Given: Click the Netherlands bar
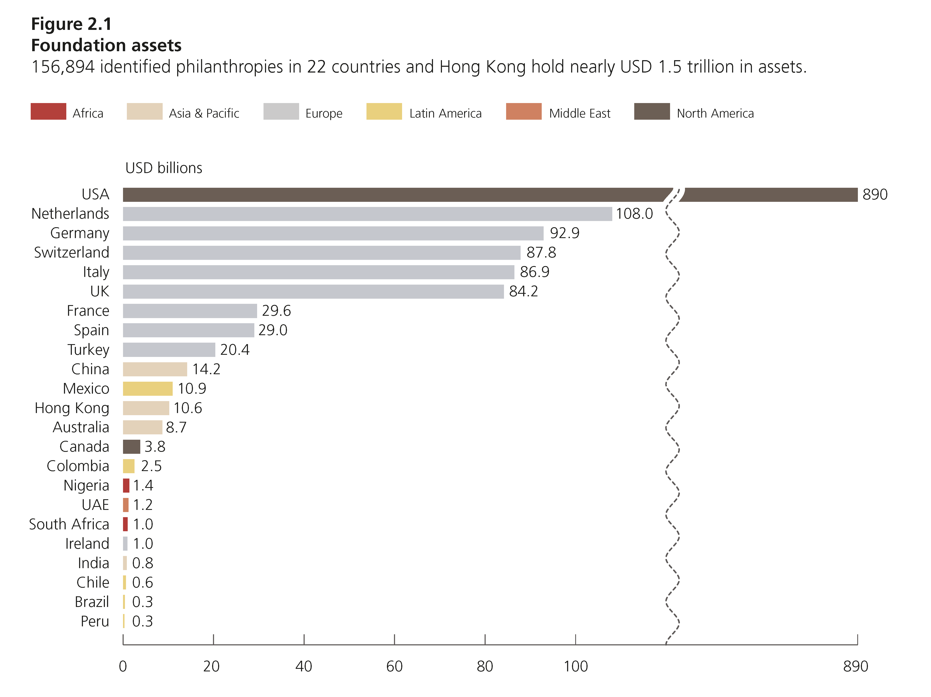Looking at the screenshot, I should (x=367, y=214).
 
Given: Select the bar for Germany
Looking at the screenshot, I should (x=333, y=233).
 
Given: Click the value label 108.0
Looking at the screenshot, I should (x=634, y=214).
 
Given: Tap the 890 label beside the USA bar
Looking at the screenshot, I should (x=875, y=195).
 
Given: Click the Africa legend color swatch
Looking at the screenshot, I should (x=48, y=112).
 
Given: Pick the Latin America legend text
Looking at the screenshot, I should (x=445, y=113).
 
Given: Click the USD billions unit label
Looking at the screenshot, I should (x=164, y=168).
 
